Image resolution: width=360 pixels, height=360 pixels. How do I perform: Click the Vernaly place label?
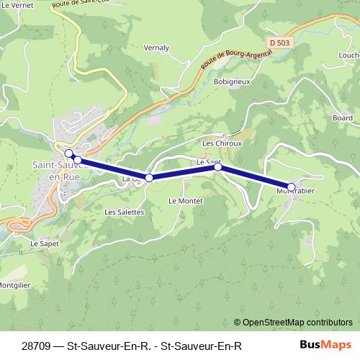[x=156, y=48]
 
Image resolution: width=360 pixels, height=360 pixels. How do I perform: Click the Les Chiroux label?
[x=222, y=143]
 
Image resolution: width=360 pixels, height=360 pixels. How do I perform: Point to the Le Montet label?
[x=186, y=200]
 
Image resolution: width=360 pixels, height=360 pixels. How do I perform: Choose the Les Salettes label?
[x=125, y=212]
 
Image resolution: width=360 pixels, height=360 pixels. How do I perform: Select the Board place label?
[x=343, y=117]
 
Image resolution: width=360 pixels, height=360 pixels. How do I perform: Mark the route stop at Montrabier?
[x=291, y=186]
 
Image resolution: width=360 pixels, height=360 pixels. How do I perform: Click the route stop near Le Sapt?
[x=217, y=167]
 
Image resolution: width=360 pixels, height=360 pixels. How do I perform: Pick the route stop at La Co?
[x=149, y=178]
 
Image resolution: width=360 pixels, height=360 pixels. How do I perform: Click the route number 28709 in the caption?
[x=37, y=346]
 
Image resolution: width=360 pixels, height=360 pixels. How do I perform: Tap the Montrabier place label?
[x=295, y=192]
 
